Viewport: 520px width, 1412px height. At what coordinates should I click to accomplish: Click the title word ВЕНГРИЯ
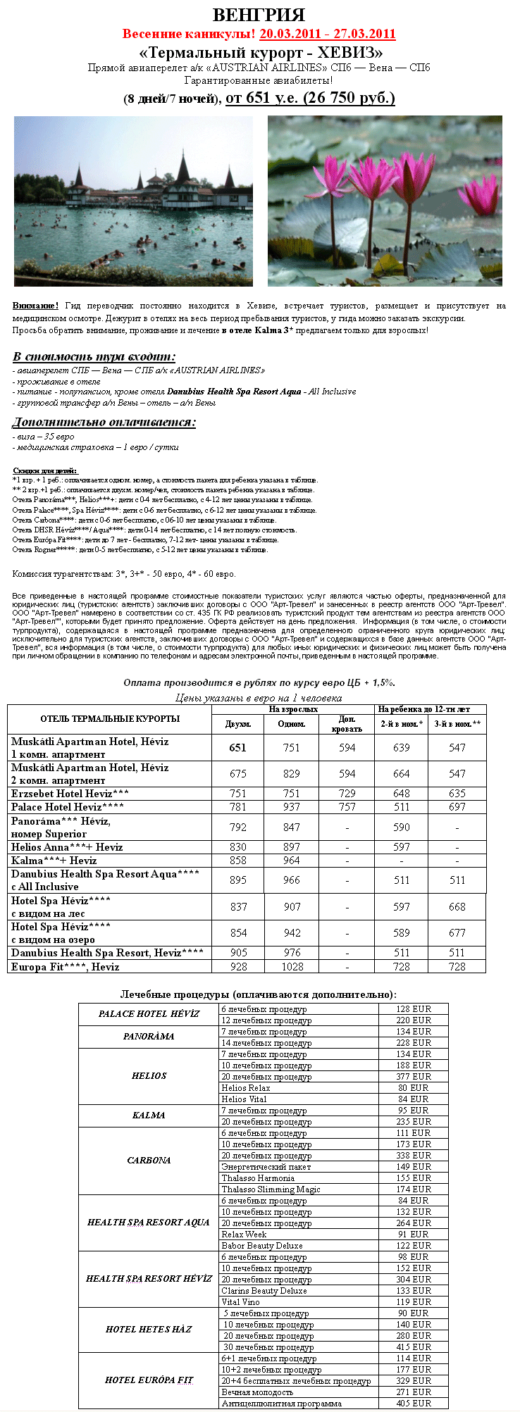click(x=259, y=15)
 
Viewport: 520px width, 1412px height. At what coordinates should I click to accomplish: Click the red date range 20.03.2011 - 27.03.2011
click(x=327, y=34)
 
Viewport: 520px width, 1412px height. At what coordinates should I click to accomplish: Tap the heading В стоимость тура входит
click(x=94, y=356)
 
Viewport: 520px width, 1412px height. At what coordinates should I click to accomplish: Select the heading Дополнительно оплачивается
click(x=104, y=422)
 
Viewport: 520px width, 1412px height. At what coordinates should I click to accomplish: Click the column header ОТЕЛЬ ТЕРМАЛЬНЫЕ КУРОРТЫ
click(x=110, y=719)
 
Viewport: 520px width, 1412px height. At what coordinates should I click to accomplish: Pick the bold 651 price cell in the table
click(x=238, y=747)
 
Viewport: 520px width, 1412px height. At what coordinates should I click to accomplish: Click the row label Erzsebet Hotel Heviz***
click(x=70, y=794)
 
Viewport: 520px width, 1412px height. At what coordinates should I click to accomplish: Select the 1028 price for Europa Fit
click(x=292, y=966)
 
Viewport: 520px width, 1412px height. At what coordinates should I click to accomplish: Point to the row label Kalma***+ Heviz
click(x=54, y=860)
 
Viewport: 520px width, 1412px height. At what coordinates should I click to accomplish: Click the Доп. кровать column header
click(x=347, y=724)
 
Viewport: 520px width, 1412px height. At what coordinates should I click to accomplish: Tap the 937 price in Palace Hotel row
click(x=292, y=807)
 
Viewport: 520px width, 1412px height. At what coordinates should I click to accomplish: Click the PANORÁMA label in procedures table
click(x=149, y=1037)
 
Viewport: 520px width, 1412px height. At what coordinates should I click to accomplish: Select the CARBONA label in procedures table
click(x=149, y=1160)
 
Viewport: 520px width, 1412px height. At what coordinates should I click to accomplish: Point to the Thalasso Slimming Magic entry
click(x=271, y=1189)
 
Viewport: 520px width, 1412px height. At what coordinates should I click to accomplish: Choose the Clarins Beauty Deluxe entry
click(x=264, y=1290)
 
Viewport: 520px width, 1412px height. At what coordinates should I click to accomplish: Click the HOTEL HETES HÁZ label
click(x=149, y=1329)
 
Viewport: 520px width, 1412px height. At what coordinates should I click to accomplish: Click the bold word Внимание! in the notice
click(x=35, y=306)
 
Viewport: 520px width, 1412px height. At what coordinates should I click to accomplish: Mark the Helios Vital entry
click(x=244, y=1099)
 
